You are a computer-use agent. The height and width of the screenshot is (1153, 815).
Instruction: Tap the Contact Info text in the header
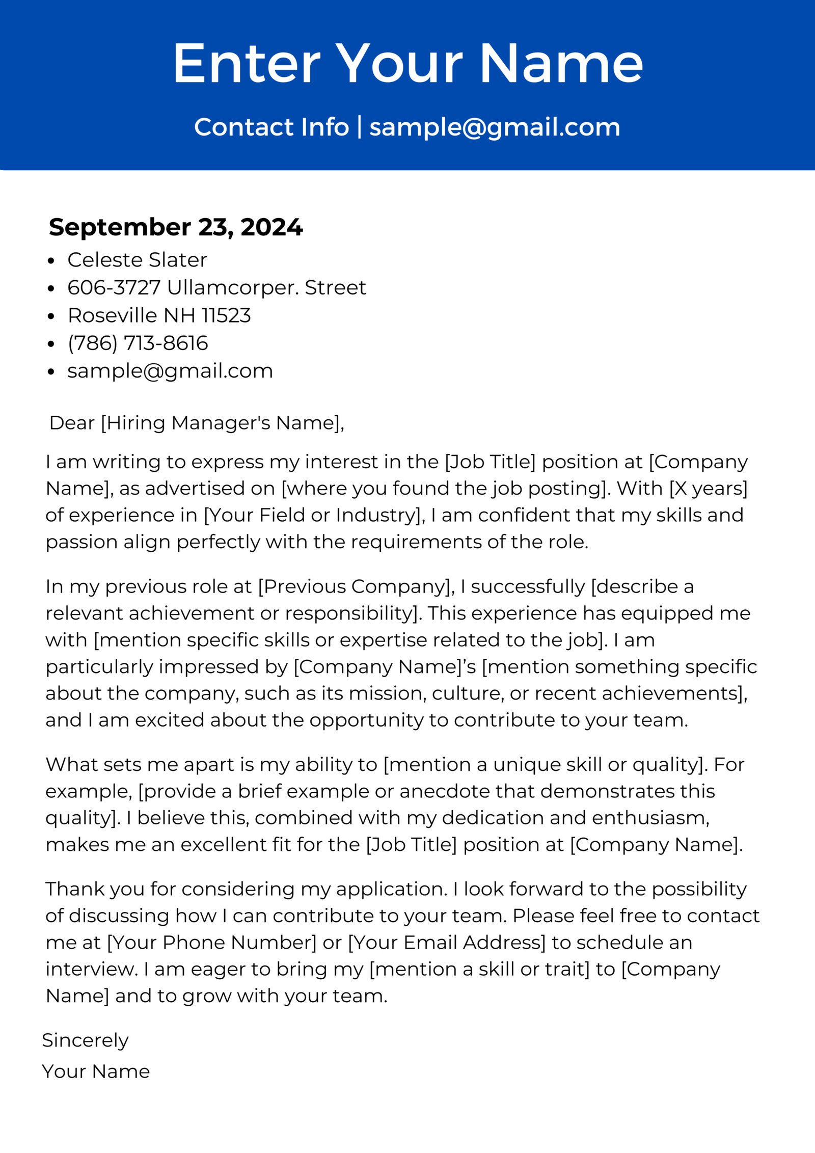click(271, 127)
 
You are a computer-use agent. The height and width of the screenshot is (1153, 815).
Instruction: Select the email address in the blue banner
click(495, 127)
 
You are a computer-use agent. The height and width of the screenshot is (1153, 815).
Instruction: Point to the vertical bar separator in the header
click(360, 127)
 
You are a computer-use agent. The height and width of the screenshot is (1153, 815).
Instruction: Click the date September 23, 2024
click(176, 227)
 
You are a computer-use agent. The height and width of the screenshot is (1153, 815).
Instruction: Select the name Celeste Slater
click(137, 260)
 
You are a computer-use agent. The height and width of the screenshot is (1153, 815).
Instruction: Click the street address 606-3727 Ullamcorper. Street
click(216, 288)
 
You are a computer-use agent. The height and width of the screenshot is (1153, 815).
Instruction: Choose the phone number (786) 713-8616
click(138, 343)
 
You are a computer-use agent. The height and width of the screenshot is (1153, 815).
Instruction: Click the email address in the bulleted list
click(170, 371)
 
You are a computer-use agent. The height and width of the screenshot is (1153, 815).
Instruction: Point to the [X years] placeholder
click(708, 488)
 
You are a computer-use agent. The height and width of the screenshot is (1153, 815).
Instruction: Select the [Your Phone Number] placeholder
click(211, 943)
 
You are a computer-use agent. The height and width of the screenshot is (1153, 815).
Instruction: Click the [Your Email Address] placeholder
click(447, 943)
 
